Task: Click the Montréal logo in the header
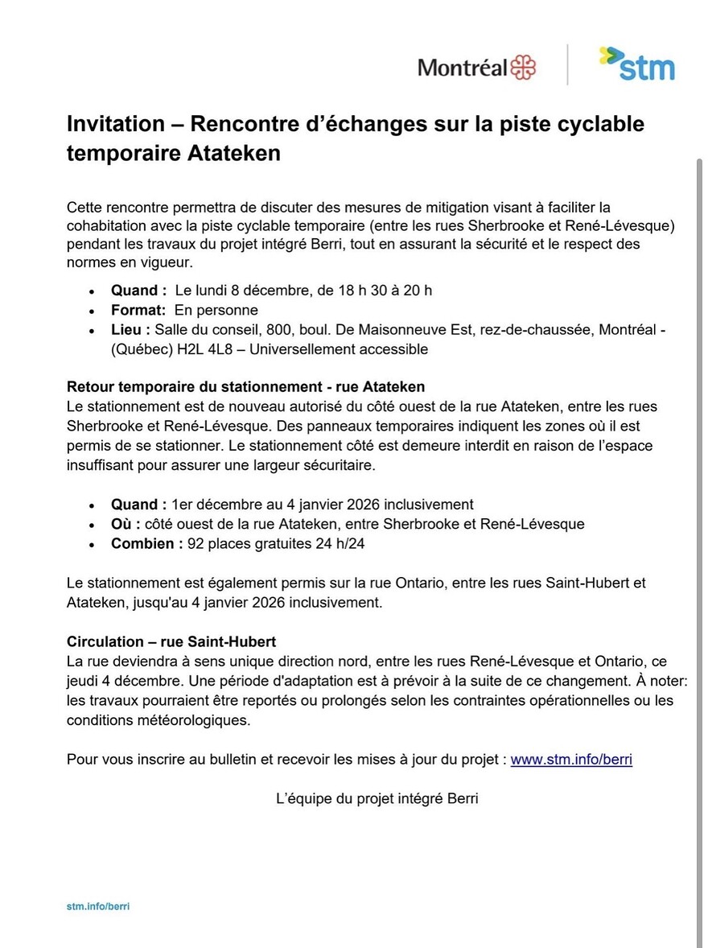pyautogui.click(x=476, y=67)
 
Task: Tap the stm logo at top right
pyautogui.click(x=636, y=64)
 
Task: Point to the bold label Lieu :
pyautogui.click(x=131, y=330)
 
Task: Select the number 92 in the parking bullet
pyautogui.click(x=196, y=543)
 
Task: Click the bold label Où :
pyautogui.click(x=126, y=524)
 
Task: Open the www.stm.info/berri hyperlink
pyautogui.click(x=571, y=759)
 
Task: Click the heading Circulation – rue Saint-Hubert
pyautogui.click(x=171, y=641)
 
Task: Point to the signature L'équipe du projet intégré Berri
pyautogui.click(x=377, y=798)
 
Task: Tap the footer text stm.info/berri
pyautogui.click(x=98, y=906)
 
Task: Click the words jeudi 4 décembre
pyautogui.click(x=117, y=681)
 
